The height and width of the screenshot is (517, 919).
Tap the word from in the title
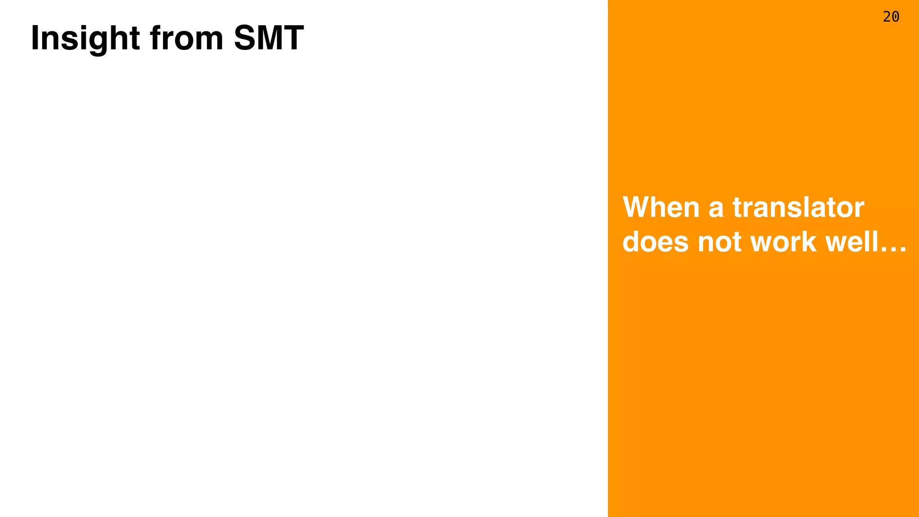click(187, 39)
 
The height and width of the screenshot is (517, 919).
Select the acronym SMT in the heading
click(269, 39)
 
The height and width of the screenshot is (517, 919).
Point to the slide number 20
click(891, 17)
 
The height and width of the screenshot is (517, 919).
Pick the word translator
click(798, 207)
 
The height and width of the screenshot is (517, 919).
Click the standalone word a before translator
click(716, 209)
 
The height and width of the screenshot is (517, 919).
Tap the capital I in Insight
click(34, 39)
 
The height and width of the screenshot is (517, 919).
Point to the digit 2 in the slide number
click(887, 17)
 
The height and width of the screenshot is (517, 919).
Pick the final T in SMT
click(294, 39)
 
